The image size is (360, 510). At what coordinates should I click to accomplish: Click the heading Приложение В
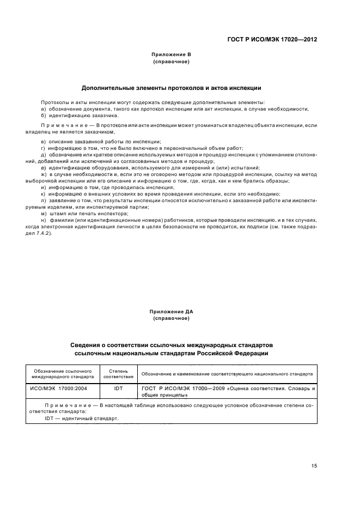171,55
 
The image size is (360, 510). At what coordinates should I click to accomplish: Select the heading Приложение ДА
171,311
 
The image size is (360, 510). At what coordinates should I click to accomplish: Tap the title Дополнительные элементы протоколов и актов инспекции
171,88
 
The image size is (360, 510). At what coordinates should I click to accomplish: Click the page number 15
314,466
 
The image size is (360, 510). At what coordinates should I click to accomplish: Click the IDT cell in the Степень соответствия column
118,389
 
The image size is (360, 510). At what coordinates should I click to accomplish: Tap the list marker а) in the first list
43,109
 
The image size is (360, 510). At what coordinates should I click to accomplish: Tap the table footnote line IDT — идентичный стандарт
82,418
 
